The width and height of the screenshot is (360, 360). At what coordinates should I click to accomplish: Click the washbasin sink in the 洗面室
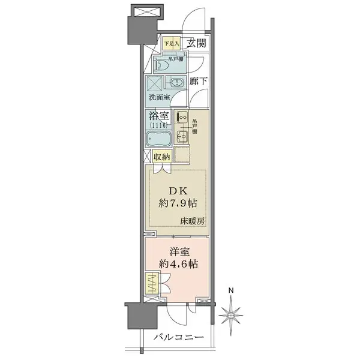click(176, 83)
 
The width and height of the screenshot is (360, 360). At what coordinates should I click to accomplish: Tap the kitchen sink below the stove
click(182, 140)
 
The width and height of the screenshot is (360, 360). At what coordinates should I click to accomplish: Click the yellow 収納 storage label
click(161, 157)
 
